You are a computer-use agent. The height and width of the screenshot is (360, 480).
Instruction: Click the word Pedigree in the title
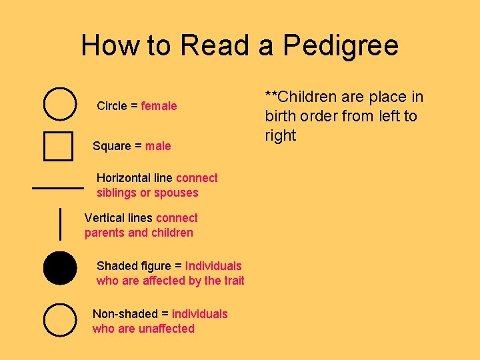click(340, 46)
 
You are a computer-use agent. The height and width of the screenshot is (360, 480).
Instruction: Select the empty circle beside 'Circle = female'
click(59, 104)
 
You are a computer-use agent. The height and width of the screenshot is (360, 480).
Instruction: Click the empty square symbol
click(58, 146)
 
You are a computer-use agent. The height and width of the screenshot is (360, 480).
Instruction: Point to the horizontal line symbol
click(58, 188)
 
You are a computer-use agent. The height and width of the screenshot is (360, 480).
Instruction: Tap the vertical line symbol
click(61, 223)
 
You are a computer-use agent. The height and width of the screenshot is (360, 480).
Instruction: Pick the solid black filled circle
click(59, 269)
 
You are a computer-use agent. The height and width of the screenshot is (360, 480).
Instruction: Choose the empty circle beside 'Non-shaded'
click(59, 320)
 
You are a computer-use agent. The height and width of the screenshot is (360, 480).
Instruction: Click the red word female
click(159, 106)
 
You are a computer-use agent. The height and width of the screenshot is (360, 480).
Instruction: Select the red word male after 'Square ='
click(159, 146)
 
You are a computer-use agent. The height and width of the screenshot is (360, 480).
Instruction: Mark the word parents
click(105, 233)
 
